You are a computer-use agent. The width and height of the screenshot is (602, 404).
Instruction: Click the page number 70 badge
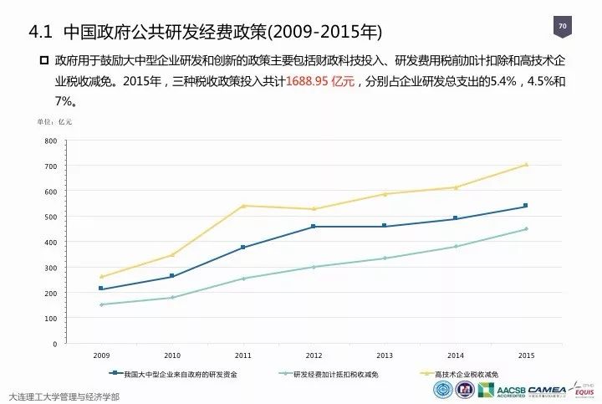point(563,28)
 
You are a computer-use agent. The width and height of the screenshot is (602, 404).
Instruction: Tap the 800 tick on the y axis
point(52,141)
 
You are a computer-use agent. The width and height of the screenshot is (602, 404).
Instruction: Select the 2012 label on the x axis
point(314,355)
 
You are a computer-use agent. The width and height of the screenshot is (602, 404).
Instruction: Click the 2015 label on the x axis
point(526,355)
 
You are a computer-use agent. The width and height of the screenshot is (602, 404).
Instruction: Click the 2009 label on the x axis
point(101,355)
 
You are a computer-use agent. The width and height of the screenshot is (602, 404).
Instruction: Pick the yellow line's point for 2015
point(526,165)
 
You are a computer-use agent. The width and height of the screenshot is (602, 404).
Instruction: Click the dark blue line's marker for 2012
point(314,227)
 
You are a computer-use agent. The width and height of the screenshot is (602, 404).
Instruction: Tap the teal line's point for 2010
point(171,298)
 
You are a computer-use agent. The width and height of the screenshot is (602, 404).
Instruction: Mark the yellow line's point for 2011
point(242,206)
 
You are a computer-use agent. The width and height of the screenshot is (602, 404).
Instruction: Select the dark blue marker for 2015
point(526,206)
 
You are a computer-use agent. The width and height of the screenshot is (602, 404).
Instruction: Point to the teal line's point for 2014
point(455,246)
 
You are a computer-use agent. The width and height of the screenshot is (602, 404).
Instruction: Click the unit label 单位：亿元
point(54,122)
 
